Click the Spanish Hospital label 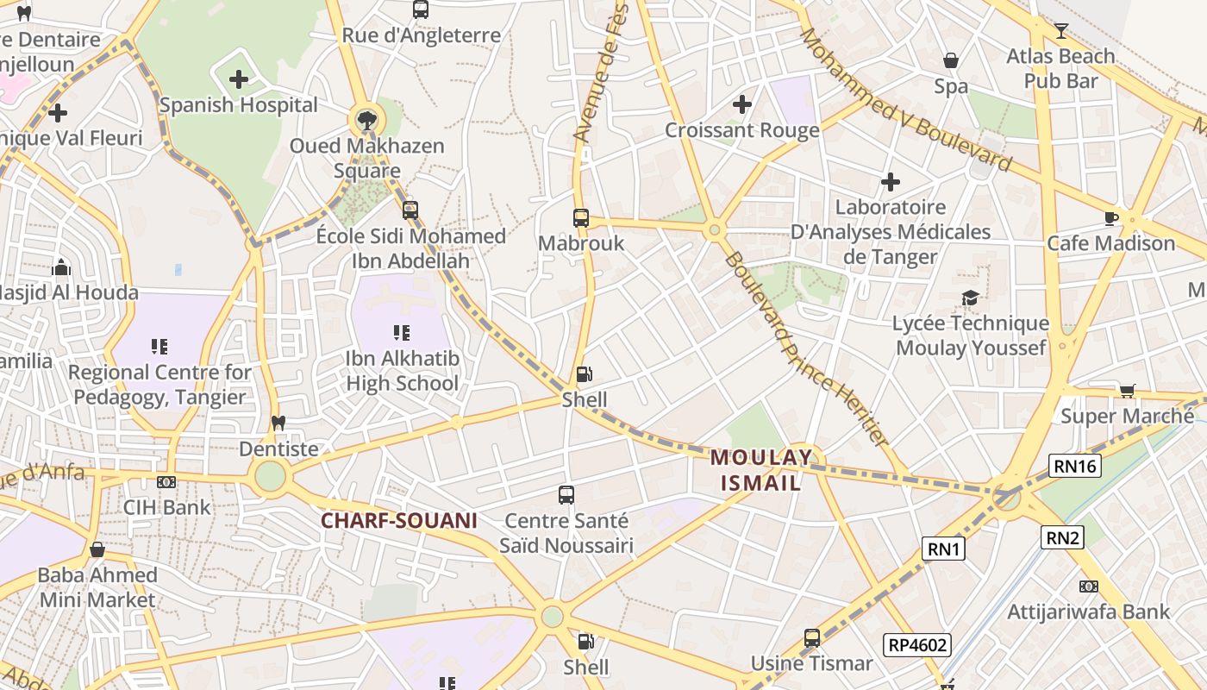tap(239, 105)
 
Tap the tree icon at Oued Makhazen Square tap(366, 118)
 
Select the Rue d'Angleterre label tap(421, 35)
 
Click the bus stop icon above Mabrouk tap(581, 217)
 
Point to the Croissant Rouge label tap(741, 130)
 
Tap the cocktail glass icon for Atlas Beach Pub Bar tap(1061, 31)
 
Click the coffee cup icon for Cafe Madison tap(1111, 218)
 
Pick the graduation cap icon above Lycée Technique tap(971, 298)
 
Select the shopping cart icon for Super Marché tap(1127, 392)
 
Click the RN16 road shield tap(1076, 467)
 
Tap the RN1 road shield tap(943, 549)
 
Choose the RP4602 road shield tap(916, 644)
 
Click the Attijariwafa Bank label tap(1089, 612)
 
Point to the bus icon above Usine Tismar tap(812, 638)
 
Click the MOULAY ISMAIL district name tap(761, 470)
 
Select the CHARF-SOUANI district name tap(398, 521)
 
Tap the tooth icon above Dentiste tap(278, 423)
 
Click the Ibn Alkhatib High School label tap(402, 371)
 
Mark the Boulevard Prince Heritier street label tap(806, 349)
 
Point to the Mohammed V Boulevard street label tap(905, 99)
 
